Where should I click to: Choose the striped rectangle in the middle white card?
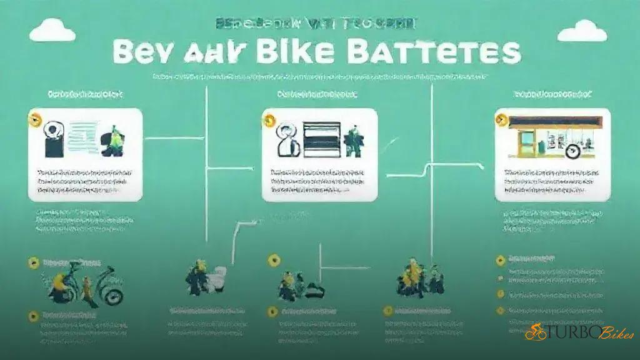pyautogui.click(x=321, y=138)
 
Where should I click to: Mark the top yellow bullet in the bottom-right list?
pyautogui.click(x=500, y=258)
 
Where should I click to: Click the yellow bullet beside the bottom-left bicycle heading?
pyautogui.click(x=33, y=263)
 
